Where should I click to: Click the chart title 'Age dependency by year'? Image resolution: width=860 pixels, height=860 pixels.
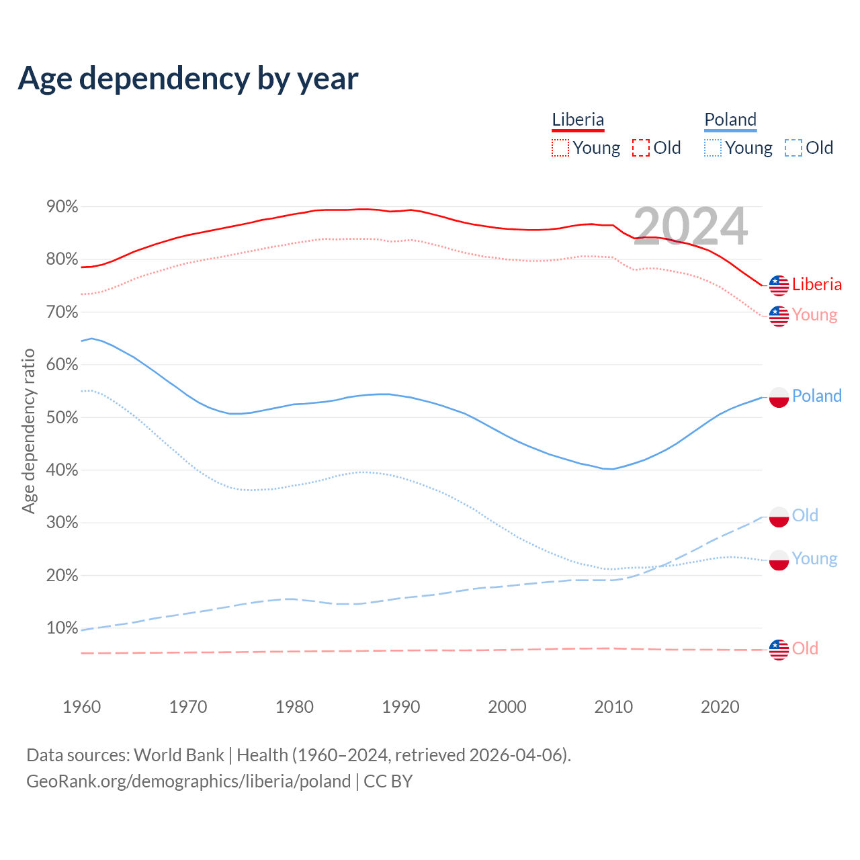pos(188,78)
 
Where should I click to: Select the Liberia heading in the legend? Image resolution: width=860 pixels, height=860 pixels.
pos(578,120)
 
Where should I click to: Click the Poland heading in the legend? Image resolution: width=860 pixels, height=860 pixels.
pos(730,120)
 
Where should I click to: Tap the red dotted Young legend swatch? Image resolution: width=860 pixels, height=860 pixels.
pos(560,148)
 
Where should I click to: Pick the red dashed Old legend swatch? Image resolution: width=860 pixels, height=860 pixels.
pos(641,148)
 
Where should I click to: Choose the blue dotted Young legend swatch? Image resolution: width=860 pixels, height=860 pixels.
pos(713,148)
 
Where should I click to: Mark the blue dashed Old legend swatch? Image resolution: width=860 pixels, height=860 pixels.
pos(793,148)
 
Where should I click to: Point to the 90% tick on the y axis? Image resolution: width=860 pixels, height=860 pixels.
pos(62,207)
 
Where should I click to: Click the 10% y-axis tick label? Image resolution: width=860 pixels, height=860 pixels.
pos(62,628)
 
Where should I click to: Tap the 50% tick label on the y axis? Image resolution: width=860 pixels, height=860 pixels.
pos(62,417)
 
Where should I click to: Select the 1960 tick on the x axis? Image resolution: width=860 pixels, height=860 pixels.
pos(81,707)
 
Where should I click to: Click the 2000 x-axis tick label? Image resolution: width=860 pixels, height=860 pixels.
pos(507,707)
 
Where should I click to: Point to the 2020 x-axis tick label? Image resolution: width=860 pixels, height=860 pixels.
pos(720,707)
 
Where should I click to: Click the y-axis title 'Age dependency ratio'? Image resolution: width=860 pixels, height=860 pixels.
pos(28,431)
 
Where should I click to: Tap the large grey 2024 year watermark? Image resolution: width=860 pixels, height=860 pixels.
pos(690,226)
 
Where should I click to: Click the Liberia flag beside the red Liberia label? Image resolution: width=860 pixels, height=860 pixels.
pos(779,286)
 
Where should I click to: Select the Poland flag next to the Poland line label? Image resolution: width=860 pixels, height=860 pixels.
pos(779,397)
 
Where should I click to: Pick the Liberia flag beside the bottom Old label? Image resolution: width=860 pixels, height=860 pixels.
pos(779,650)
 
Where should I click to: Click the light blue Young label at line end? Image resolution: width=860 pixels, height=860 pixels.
pos(814,558)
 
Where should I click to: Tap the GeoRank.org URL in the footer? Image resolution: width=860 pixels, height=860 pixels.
pos(188,781)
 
